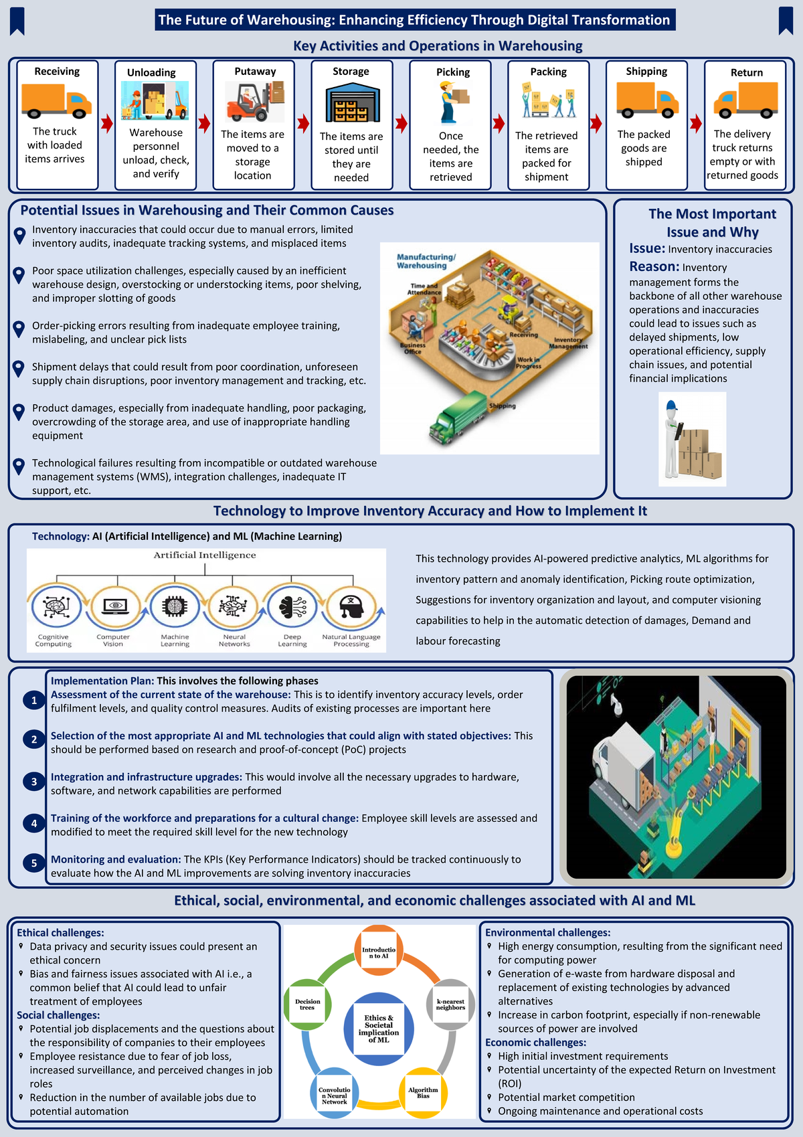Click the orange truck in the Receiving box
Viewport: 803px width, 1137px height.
56,100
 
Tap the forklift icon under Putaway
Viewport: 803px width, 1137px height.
254,102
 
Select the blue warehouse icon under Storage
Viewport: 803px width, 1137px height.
351,102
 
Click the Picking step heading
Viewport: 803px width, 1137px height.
453,72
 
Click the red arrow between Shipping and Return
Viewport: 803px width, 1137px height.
696,123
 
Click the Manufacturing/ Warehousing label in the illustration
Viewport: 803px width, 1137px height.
426,261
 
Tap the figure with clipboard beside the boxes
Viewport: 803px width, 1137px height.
673,438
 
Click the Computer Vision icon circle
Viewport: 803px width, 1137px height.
114,606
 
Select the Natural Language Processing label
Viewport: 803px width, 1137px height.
351,640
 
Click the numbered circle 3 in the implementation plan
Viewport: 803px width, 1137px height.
34,782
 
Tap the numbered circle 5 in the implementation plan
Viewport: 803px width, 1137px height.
34,863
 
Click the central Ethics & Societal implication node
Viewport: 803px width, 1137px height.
379,1029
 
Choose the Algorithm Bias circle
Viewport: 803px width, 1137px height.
423,1092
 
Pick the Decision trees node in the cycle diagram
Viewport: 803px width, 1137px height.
307,1004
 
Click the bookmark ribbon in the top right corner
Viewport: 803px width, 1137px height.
786,21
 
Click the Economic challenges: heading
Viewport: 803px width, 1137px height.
535,1042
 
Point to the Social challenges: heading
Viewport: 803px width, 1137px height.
58,1015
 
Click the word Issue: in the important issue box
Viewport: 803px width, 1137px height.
646,248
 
